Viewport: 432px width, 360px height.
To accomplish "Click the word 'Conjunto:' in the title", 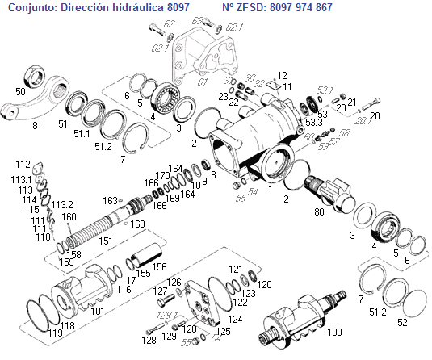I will (31, 7).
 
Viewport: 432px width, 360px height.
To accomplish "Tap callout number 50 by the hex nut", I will (20, 92).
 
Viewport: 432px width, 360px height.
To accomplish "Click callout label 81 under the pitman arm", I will (36, 126).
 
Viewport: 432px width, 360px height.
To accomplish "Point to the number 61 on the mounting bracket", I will (203, 82).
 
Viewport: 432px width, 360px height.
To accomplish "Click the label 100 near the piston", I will (333, 332).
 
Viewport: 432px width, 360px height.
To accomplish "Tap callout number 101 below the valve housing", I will (97, 310).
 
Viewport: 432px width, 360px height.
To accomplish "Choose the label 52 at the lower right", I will (402, 322).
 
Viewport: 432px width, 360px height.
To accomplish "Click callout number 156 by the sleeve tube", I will (160, 267).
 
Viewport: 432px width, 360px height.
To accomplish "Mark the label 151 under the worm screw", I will (106, 241).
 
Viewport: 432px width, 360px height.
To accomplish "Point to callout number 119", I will (56, 333).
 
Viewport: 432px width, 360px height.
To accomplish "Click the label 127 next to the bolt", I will (161, 291).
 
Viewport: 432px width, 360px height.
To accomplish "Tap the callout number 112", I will (23, 164).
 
